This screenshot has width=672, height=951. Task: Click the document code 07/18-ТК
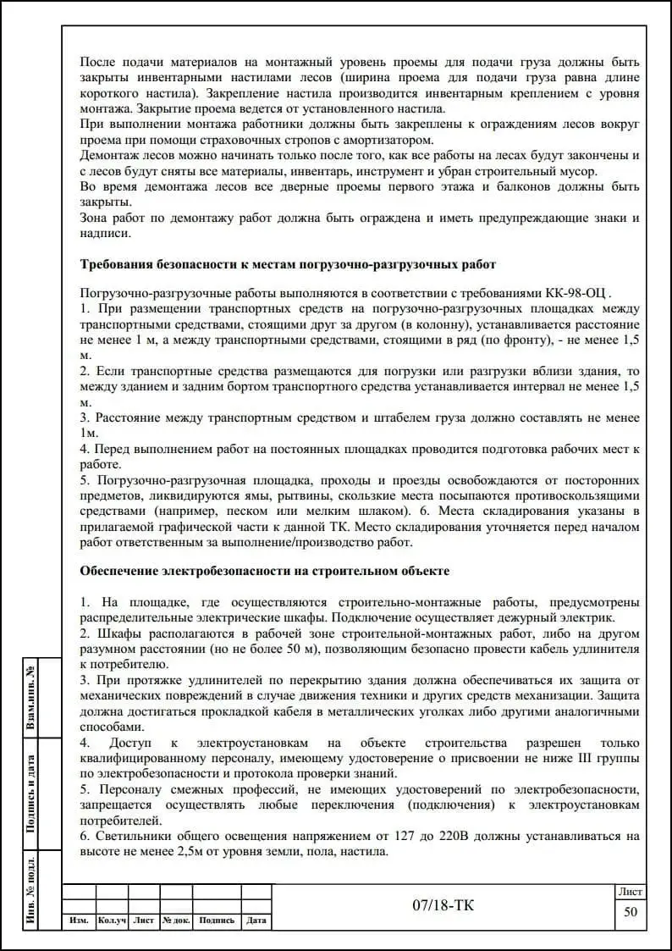pyautogui.click(x=443, y=905)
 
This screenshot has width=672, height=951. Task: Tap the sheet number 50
pyautogui.click(x=630, y=912)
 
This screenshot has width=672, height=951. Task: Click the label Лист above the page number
pyautogui.click(x=630, y=892)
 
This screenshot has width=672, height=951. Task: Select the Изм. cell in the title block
pyautogui.click(x=79, y=921)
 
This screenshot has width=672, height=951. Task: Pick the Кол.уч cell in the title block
pyautogui.click(x=112, y=921)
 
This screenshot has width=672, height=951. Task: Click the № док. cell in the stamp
pyautogui.click(x=176, y=921)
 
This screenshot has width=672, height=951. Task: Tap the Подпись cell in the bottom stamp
pyautogui.click(x=217, y=921)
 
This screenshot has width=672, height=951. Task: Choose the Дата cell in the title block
pyautogui.click(x=256, y=921)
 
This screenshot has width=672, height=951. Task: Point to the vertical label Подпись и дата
pyautogui.click(x=30, y=794)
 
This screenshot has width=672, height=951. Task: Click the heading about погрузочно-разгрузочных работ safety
pyautogui.click(x=288, y=264)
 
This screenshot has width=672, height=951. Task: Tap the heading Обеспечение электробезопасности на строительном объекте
pyautogui.click(x=264, y=571)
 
